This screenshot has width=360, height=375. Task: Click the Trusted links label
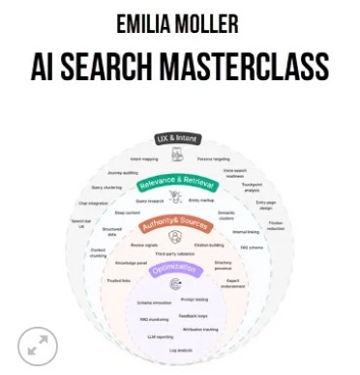pos(117,279)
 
